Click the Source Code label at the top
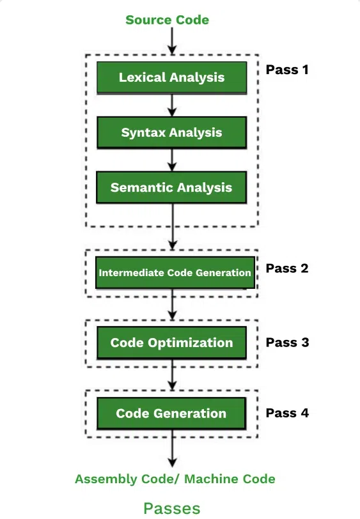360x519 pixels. (167, 20)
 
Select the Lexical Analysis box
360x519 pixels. (171, 77)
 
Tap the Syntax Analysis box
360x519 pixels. (171, 133)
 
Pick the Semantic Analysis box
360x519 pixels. (171, 188)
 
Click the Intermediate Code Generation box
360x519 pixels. (174, 272)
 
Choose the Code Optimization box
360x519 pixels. (171, 343)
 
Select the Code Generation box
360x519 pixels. (171, 413)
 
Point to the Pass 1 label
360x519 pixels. (287, 69)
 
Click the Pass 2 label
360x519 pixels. (287, 268)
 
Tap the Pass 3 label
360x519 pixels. (287, 343)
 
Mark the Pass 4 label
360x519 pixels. (287, 413)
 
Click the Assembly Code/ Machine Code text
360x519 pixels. (175, 479)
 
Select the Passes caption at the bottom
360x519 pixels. (171, 508)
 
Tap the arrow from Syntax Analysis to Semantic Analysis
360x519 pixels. (171, 160)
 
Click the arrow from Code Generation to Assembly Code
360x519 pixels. (171, 451)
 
